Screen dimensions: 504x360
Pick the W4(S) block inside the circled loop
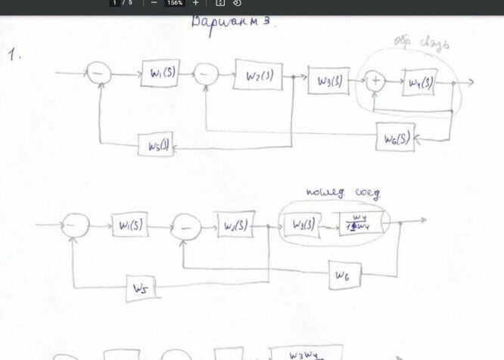[421, 82]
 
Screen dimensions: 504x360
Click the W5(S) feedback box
[156, 143]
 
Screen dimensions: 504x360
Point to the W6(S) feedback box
[396, 138]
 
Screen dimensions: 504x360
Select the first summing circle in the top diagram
[99, 73]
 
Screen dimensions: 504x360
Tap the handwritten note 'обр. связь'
[422, 44]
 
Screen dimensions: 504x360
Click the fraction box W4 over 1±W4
[359, 225]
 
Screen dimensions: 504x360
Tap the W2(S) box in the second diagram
[234, 226]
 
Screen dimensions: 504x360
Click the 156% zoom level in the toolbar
[174, 3]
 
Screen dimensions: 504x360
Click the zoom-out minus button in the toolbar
[154, 3]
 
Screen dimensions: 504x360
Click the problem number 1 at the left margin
[12, 54]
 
